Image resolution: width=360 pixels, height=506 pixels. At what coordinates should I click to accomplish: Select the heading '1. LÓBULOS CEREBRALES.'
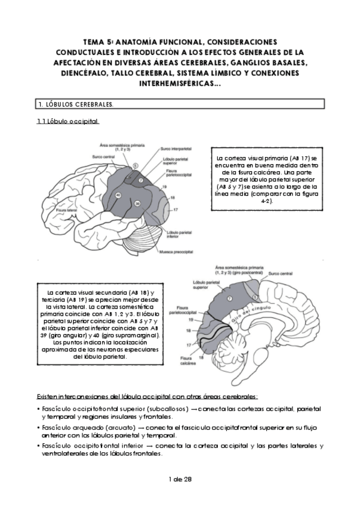[76, 104]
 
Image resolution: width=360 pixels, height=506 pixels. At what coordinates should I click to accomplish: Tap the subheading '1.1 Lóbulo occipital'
[68, 122]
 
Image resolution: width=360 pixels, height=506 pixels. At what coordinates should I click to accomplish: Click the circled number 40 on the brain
[118, 196]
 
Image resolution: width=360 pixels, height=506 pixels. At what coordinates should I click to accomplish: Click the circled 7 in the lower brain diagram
[230, 297]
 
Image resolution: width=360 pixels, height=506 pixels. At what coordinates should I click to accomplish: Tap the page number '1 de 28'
[180, 479]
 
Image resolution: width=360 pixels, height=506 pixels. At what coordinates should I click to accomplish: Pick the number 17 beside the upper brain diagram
[176, 211]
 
